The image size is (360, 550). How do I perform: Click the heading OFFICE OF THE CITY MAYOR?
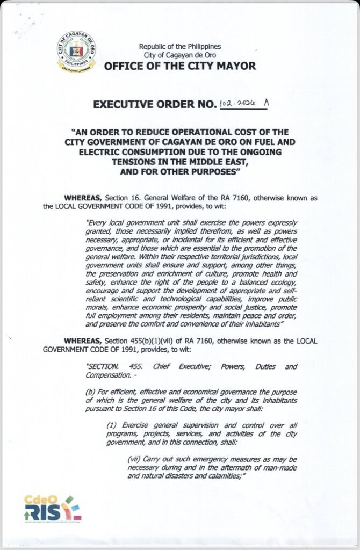click(x=179, y=66)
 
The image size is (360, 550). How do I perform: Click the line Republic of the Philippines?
click(x=179, y=47)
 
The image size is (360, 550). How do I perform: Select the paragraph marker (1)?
click(x=112, y=425)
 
